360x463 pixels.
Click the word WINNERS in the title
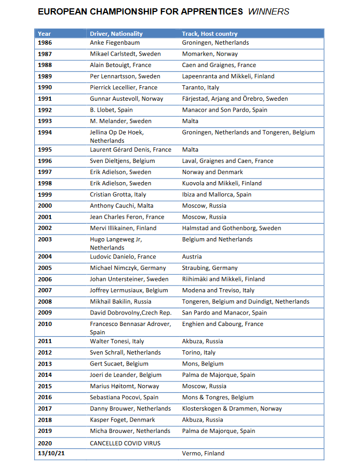269,11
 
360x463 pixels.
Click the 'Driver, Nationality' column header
116,34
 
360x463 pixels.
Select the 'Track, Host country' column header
209,34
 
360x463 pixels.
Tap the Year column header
45,34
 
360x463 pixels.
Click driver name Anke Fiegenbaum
115,43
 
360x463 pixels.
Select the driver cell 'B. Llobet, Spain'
111,110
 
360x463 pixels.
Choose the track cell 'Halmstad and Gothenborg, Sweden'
231,228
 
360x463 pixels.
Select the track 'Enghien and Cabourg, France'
222,324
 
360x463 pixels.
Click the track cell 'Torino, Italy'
198,352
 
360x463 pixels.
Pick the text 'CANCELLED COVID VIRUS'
125,443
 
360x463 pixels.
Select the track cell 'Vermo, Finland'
203,453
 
